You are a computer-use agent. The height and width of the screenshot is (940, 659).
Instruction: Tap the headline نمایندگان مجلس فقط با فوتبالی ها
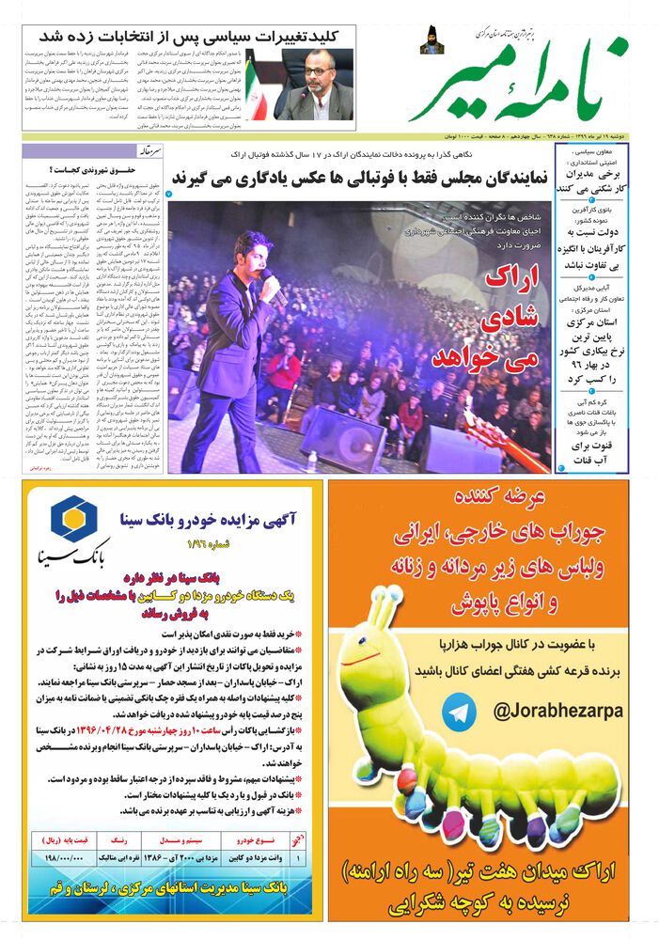[356, 179]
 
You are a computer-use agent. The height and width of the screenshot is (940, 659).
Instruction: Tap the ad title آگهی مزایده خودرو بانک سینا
[209, 518]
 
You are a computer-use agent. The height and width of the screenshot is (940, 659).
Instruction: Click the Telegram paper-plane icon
[461, 713]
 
